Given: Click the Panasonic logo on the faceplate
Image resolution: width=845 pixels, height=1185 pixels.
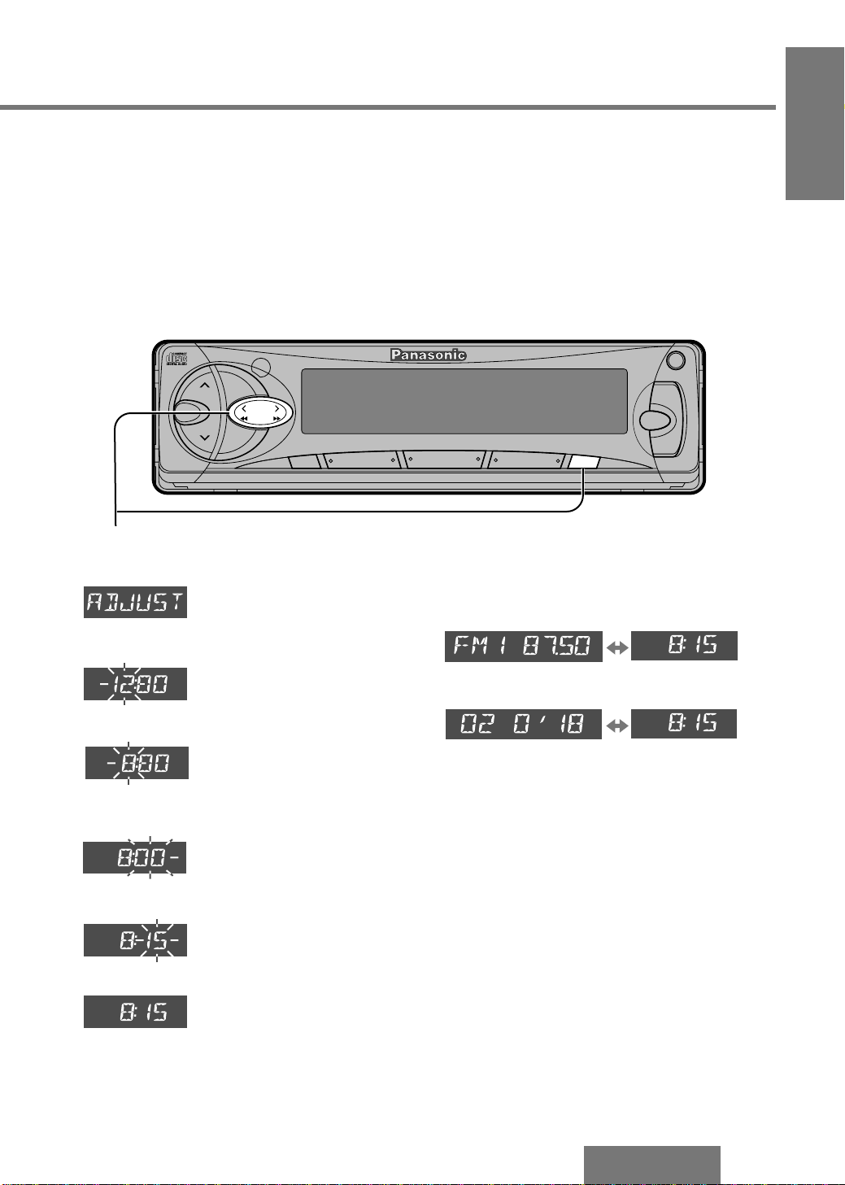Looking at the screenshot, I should tap(428, 355).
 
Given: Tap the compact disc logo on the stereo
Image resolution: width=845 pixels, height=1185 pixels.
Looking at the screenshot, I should tap(176, 359).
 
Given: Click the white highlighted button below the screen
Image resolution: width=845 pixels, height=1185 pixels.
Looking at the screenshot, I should tap(585, 462).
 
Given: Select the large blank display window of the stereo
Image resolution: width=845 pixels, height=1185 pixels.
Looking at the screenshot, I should tap(464, 401).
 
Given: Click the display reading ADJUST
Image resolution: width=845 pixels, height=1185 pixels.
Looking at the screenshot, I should tap(135, 602).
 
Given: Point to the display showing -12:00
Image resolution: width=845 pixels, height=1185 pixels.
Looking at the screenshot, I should tap(135, 684).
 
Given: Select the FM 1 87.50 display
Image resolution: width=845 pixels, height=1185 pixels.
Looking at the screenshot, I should tap(524, 646).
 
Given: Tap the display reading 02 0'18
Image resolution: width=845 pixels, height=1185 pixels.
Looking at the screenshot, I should tap(523, 724).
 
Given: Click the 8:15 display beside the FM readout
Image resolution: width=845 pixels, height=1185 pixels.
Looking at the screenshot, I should tap(684, 646).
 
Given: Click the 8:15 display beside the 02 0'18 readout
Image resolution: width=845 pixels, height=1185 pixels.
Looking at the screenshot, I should tap(683, 724).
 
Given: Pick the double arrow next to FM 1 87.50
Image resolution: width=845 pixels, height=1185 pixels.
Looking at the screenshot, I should tap(617, 647).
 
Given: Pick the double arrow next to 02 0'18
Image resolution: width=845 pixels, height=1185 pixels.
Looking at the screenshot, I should tap(617, 725).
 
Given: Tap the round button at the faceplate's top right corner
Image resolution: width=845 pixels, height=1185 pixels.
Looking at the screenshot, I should tap(674, 360).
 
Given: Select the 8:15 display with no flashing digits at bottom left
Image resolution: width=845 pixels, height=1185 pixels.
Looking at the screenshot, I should tap(135, 1012).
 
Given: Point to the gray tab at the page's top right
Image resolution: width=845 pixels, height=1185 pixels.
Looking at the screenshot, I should tap(814, 124).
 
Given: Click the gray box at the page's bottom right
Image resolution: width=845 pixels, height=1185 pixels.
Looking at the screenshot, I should tap(651, 1165).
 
